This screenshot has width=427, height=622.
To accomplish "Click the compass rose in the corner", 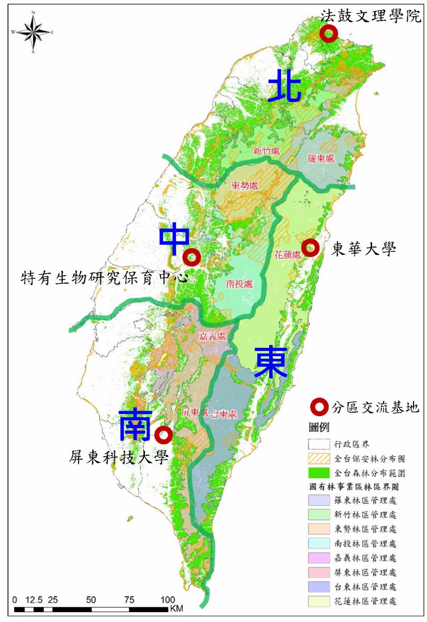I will [x=33, y=32].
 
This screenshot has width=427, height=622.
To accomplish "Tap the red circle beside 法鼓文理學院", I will [x=329, y=34].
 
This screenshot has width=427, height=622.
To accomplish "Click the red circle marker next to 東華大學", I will [x=311, y=248].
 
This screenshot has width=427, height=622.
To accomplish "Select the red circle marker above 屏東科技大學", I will [x=164, y=435].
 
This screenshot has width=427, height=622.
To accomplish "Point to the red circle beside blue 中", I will [x=192, y=257].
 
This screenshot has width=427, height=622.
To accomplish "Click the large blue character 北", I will [x=285, y=86].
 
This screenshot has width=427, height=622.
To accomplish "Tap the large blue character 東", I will [x=270, y=362].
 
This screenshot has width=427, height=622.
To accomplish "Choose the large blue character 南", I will [x=136, y=425].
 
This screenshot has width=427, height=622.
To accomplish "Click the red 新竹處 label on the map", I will [x=267, y=151].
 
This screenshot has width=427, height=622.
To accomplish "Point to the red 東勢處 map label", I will [x=245, y=186].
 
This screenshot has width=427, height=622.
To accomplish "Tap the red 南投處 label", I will [x=239, y=284].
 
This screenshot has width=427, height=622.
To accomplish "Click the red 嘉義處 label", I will [x=213, y=336].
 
